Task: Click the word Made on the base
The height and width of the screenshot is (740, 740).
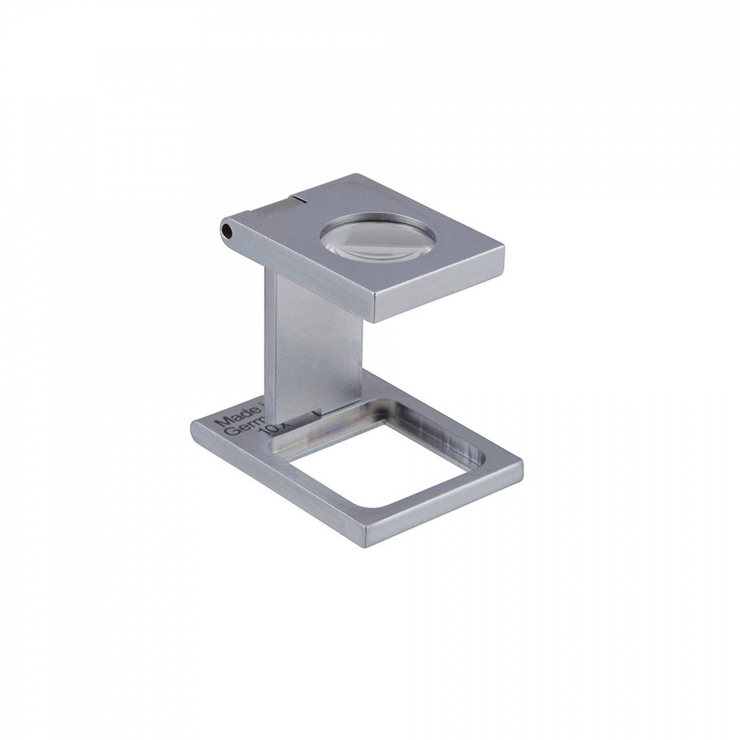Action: [x=235, y=418]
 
